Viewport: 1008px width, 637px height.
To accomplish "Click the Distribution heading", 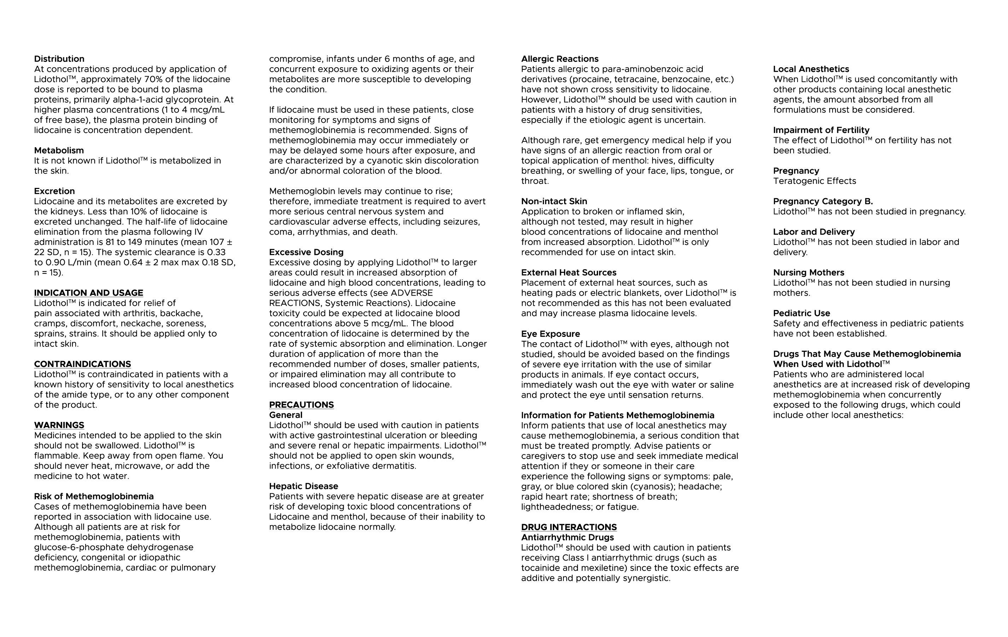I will [x=59, y=59].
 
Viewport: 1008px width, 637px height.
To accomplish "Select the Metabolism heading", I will [x=59, y=150].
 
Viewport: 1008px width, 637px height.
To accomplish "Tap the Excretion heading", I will [x=54, y=191].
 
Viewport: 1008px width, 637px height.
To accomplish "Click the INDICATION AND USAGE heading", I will [x=88, y=293].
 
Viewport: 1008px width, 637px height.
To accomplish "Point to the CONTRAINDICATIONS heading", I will [x=82, y=364].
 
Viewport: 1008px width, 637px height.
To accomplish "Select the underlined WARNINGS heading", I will [x=59, y=425].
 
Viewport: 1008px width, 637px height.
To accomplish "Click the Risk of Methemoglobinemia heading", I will [x=94, y=496].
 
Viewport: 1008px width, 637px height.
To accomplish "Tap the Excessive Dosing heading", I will [x=306, y=252].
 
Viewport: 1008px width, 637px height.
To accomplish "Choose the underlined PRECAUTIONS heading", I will [x=301, y=404].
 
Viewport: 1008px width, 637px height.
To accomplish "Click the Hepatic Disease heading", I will [x=303, y=486].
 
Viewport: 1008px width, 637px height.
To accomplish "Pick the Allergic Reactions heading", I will [x=560, y=59].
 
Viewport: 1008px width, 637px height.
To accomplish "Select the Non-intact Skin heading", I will [x=554, y=201].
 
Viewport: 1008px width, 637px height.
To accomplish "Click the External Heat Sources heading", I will [x=568, y=272].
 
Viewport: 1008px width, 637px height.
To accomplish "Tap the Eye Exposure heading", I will [x=550, y=334].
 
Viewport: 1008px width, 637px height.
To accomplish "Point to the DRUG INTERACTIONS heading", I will [x=569, y=527].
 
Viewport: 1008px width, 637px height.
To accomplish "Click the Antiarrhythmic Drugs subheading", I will [x=567, y=537].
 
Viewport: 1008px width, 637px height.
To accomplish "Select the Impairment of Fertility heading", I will [x=821, y=130].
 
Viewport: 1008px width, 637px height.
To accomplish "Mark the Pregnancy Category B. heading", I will [x=823, y=201].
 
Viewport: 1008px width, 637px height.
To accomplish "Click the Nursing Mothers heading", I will [x=808, y=272].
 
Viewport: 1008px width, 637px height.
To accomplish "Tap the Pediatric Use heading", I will [x=801, y=313].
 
